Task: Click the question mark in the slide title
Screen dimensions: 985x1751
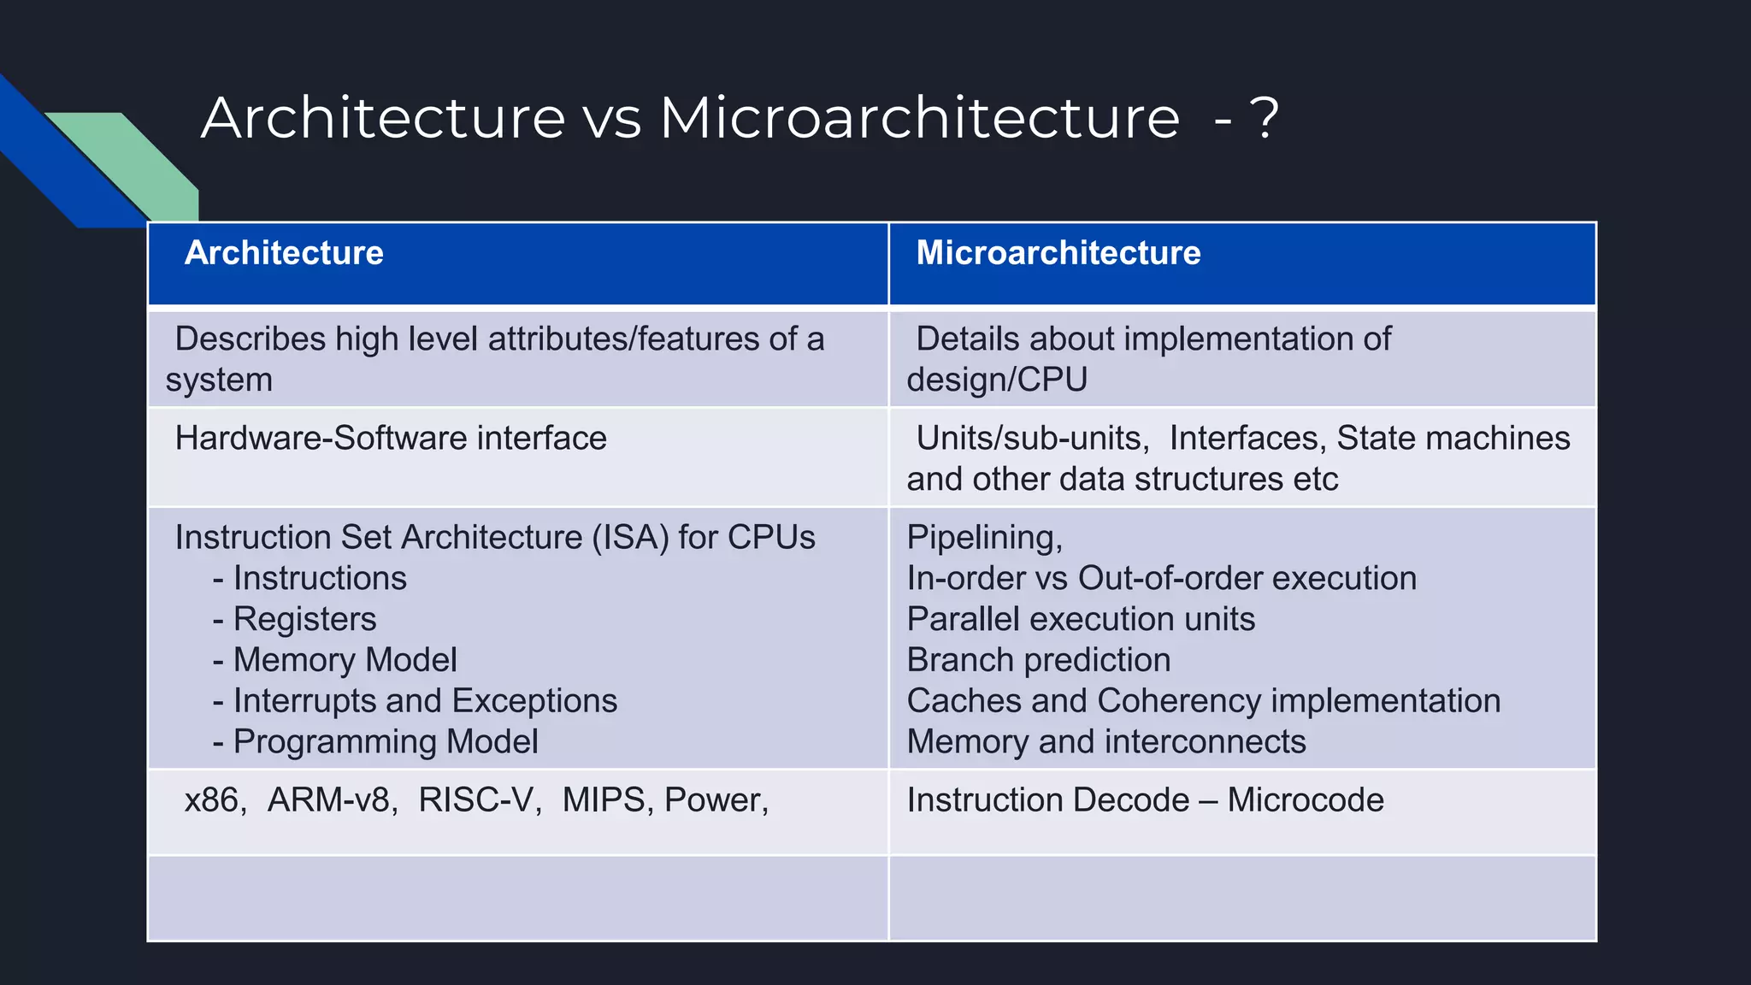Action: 1264,118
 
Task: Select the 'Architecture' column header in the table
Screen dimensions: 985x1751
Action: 284,253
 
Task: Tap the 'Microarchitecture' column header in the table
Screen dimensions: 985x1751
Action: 1058,253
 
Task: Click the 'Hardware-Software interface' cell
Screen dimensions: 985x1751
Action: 391,439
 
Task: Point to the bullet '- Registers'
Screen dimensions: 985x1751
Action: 295,619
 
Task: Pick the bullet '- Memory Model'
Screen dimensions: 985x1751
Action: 335,660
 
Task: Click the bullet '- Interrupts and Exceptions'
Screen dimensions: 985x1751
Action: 416,701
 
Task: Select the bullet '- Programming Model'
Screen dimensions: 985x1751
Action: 376,742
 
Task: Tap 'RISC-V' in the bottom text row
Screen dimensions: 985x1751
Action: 479,800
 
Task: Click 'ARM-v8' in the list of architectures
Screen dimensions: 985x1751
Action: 332,800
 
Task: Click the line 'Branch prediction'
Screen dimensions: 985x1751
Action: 1039,660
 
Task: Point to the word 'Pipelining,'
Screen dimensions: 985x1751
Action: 985,538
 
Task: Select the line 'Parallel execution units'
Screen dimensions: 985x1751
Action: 1081,619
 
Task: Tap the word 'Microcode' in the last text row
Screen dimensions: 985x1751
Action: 1306,800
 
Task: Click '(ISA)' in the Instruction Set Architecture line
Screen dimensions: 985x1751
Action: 630,538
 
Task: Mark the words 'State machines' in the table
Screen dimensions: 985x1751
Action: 1453,439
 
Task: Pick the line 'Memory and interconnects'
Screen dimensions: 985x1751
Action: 1106,742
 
